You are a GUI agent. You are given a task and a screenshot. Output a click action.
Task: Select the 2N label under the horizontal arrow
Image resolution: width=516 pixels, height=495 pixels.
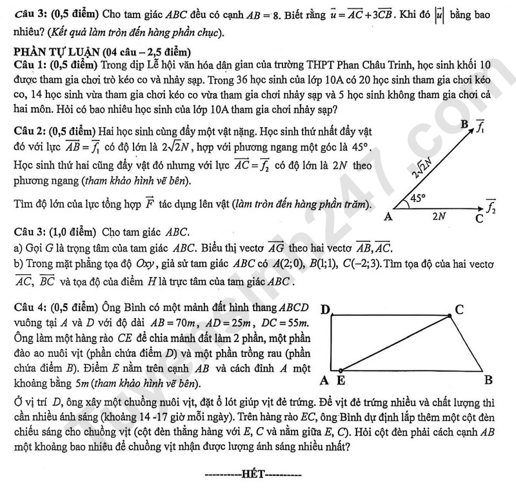[x=439, y=217]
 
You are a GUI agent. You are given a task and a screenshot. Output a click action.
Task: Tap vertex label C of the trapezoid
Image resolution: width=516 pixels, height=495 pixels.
[x=459, y=310]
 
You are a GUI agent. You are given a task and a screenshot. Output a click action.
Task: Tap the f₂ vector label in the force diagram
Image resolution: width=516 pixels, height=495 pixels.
[x=491, y=207]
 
